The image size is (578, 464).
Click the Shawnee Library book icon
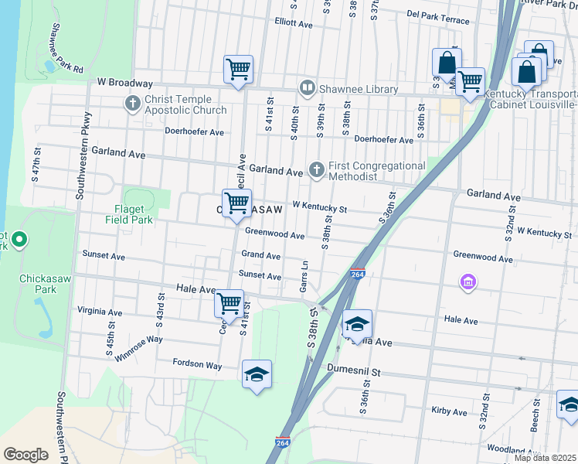click(307, 89)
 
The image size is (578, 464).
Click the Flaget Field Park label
click(129, 213)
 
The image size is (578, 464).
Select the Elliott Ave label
click(293, 24)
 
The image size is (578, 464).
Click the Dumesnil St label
click(355, 371)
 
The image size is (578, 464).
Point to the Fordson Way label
click(198, 364)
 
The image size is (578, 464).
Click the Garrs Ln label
click(304, 276)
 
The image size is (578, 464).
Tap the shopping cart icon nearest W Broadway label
click(238, 69)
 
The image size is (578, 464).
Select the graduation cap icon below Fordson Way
click(257, 375)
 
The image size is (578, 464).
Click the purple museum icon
click(467, 284)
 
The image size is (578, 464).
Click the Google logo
click(26, 455)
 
